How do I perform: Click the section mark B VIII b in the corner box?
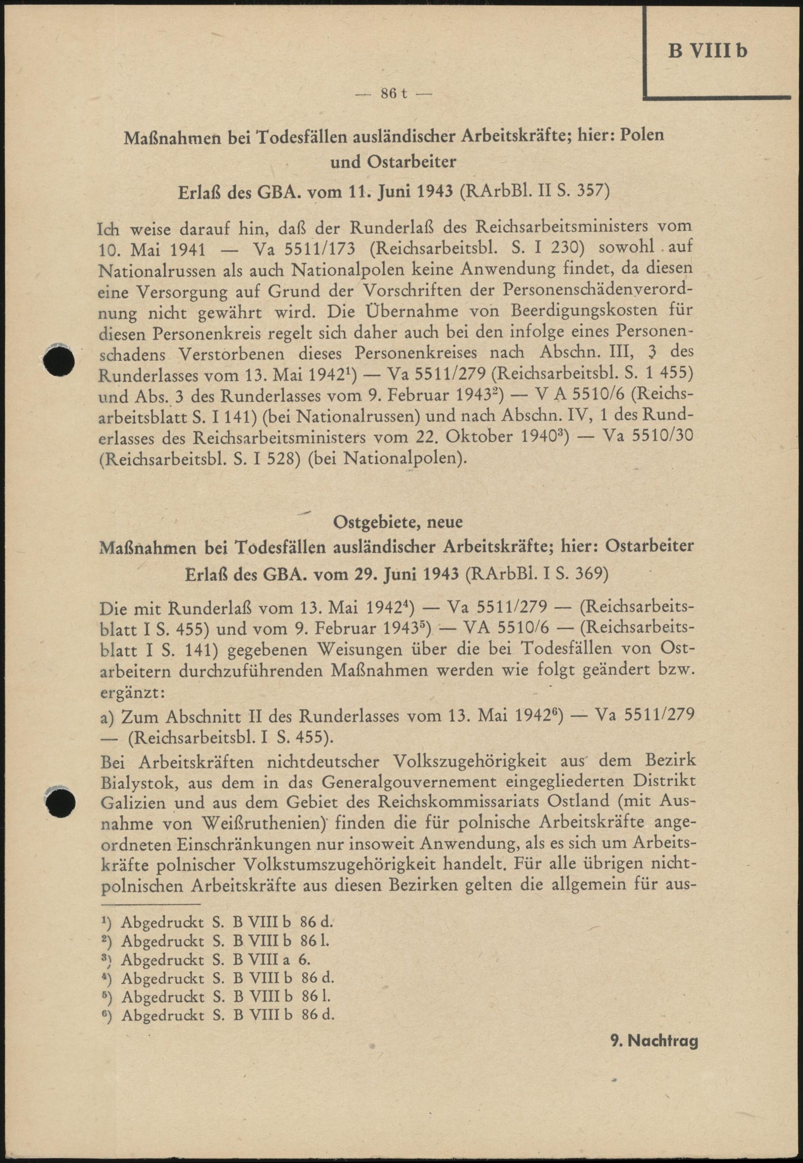[x=707, y=51]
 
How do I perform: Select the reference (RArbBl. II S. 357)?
[x=534, y=191]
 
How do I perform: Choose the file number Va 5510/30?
[x=648, y=436]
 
